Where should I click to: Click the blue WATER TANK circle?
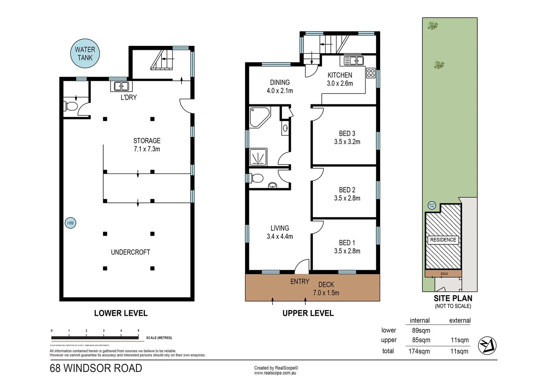(85, 53)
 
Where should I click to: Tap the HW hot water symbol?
(70, 223)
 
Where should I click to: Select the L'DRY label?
(129, 97)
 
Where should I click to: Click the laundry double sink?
(121, 86)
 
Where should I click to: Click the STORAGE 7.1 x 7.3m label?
(147, 145)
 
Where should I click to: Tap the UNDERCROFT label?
(130, 252)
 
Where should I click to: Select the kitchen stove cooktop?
(371, 73)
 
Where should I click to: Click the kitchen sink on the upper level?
(353, 61)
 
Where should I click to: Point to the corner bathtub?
(258, 117)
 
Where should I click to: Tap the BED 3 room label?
(347, 133)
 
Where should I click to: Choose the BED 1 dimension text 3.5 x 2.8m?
(347, 251)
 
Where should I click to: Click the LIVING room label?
(280, 228)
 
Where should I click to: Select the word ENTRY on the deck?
(300, 282)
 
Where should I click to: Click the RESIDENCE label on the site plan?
(443, 240)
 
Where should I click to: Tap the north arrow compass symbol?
(487, 346)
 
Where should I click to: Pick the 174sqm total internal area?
(419, 351)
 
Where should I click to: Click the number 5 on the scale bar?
(138, 331)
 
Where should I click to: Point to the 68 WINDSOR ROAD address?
(96, 368)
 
